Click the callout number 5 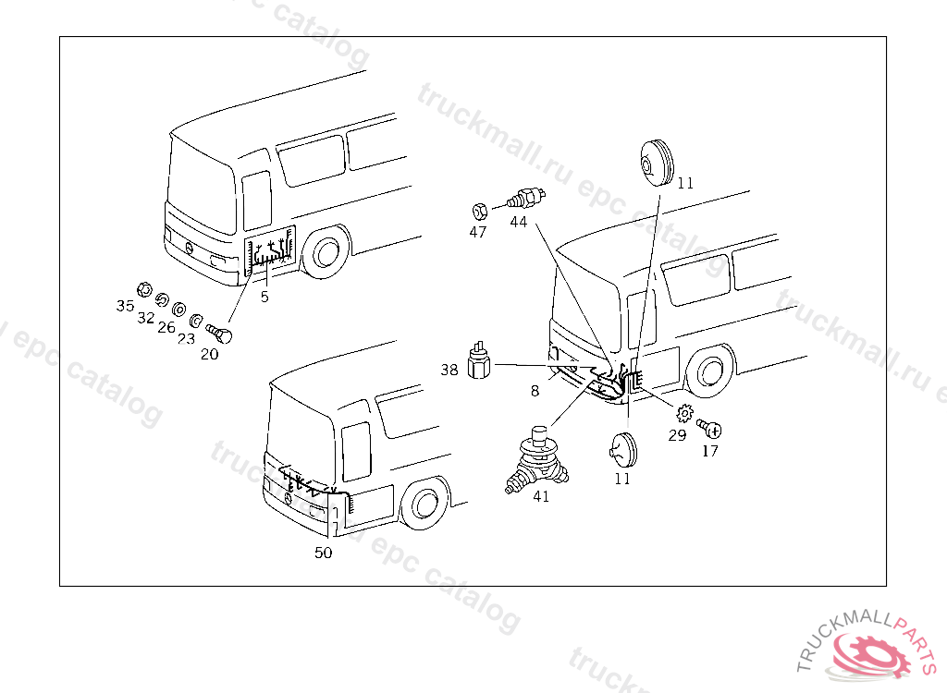264,297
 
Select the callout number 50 323,553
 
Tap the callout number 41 541,496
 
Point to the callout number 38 449,370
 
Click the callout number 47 477,232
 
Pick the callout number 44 518,222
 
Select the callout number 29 677,435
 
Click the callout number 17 710,451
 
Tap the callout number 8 535,391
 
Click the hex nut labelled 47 479,208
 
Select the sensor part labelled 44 529,197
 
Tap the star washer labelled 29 684,413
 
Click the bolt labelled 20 220,331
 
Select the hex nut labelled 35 143,288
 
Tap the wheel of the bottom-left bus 424,504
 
